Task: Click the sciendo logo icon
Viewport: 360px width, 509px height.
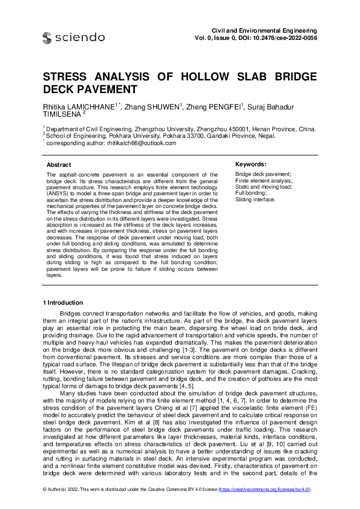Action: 47,38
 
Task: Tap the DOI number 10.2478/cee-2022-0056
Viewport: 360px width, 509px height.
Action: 285,37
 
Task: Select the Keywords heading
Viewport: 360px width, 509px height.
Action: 250,164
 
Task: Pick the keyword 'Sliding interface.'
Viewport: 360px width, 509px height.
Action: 255,199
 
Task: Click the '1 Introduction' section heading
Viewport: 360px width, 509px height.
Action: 63,302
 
